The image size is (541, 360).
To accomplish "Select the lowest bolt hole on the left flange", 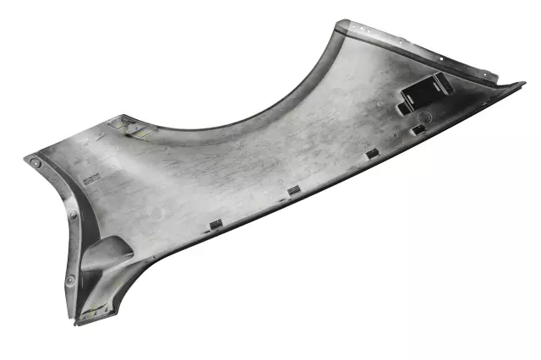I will pyautogui.click(x=70, y=279).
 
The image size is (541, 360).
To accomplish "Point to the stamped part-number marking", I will pyautogui.click(x=90, y=177).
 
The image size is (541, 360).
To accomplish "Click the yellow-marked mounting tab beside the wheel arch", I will pyautogui.click(x=132, y=127).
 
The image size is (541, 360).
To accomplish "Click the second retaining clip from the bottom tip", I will pyautogui.click(x=293, y=190).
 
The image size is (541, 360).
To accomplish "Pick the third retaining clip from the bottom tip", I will pyautogui.click(x=371, y=155).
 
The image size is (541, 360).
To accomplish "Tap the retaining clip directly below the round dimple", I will pyautogui.click(x=418, y=130).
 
